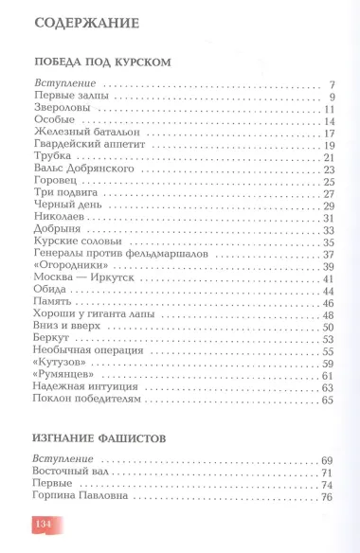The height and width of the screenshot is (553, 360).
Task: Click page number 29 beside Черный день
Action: pyautogui.click(x=329, y=205)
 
